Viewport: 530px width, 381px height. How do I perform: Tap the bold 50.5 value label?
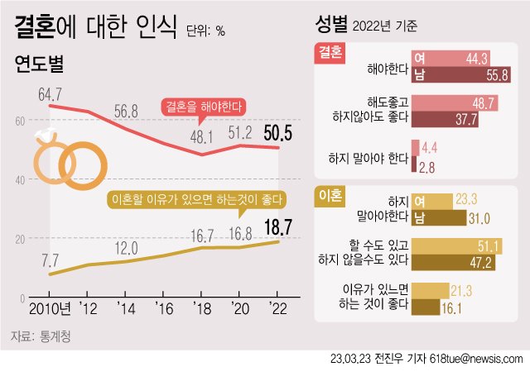coord(278,131)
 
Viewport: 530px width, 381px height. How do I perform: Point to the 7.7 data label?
coord(51,259)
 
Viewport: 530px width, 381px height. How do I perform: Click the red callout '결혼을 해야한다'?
coord(203,107)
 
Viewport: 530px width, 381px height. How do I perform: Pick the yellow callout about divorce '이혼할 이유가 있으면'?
coord(197,199)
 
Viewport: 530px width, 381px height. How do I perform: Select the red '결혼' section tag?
coord(330,51)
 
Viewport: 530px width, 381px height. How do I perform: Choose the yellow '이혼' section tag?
coord(330,195)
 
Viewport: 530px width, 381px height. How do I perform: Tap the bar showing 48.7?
coord(455,102)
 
